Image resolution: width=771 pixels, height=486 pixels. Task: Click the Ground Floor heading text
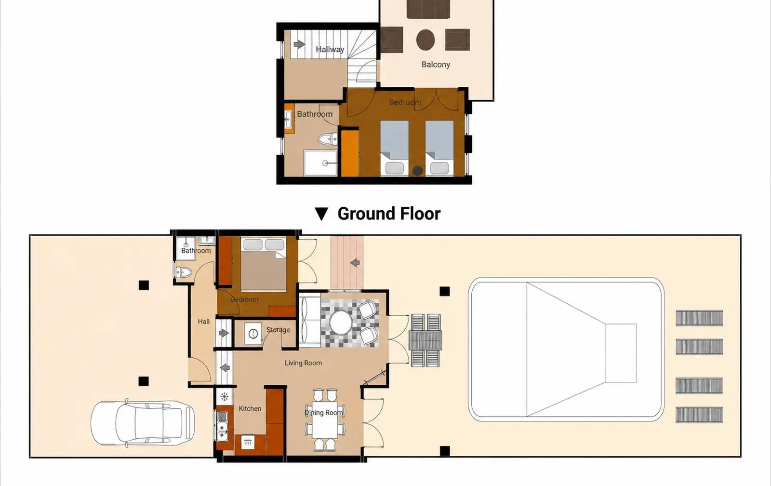(389, 214)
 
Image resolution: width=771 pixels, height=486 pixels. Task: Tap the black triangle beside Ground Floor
(321, 214)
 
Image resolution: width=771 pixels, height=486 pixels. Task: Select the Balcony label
(436, 65)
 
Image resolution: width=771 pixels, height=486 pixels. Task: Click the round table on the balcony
(425, 40)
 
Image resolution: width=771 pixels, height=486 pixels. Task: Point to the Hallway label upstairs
(330, 49)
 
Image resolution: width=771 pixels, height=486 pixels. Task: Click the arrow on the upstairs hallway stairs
(299, 44)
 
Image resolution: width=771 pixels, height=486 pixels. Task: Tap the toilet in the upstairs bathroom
(328, 139)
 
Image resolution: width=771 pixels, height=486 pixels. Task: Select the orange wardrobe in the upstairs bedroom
(350, 152)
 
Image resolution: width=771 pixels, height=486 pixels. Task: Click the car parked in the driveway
(143, 423)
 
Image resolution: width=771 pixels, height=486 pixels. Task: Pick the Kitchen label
(250, 408)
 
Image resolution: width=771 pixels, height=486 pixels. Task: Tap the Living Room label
(303, 363)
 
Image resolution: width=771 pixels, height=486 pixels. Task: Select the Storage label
(278, 330)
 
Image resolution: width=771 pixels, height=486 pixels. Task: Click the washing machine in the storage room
(253, 334)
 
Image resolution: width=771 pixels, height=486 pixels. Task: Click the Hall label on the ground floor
(203, 322)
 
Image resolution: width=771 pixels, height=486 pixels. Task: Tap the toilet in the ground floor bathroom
(184, 272)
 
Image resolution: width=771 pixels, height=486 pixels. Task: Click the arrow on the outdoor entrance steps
(355, 263)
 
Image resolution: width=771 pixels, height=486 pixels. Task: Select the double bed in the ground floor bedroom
(263, 264)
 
